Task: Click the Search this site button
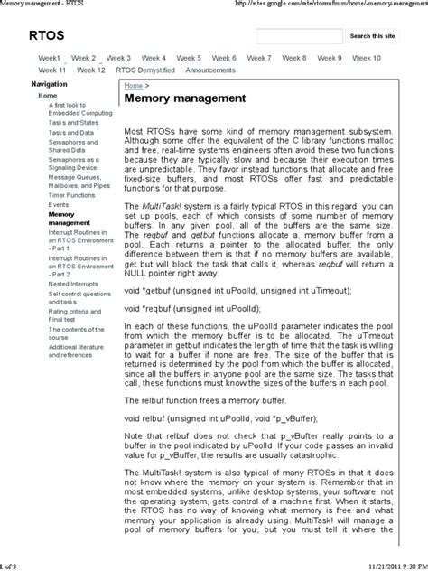pyautogui.click(x=371, y=36)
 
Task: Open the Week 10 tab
pyautogui.click(x=366, y=58)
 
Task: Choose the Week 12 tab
pyautogui.click(x=91, y=70)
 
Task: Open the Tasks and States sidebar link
pyautogui.click(x=72, y=123)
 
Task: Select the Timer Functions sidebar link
pyautogui.click(x=71, y=194)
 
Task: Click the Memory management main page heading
pyautogui.click(x=184, y=97)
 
